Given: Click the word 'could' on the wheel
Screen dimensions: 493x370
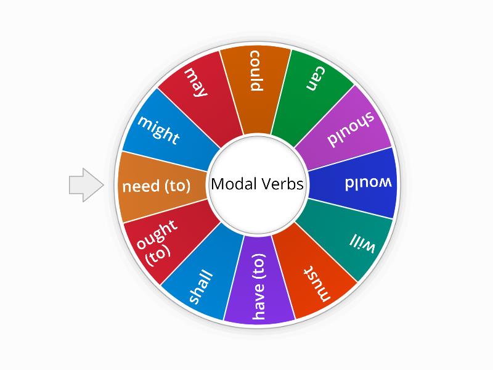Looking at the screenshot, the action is point(256,71).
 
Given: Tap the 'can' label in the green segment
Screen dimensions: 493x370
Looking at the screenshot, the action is point(316,79).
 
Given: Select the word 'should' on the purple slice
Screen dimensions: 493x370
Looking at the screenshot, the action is point(351,129).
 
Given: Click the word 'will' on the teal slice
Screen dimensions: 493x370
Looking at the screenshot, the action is point(362,243).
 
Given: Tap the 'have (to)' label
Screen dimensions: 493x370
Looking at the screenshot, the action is point(259,286).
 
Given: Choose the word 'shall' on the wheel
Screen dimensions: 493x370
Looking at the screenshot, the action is point(201,287).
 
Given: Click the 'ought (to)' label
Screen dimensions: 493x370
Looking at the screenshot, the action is point(157,242).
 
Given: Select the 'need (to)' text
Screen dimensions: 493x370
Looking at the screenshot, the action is point(157,186).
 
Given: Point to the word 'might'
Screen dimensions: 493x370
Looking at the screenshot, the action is point(158,130).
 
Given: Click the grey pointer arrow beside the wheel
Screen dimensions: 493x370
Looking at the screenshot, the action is point(86,185).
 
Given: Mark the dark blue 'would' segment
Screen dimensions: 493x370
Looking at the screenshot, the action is point(352,183).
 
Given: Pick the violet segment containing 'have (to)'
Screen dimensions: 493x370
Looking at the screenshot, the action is point(258,280).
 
